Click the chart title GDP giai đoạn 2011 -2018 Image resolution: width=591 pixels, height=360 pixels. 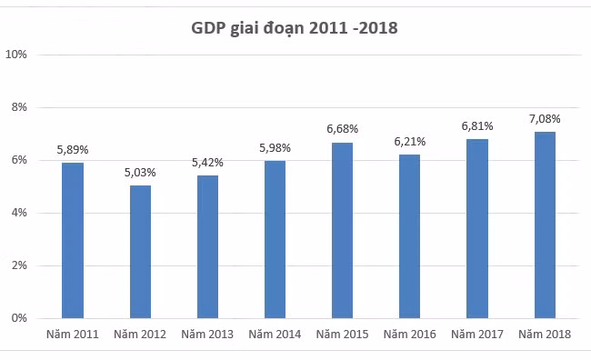tap(295, 28)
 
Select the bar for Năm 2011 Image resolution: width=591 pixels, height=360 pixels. tap(73, 241)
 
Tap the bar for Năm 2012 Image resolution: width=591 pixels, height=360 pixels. tap(140, 252)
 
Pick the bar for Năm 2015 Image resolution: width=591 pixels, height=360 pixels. tap(342, 230)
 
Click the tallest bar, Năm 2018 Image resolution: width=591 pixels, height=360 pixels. tap(545, 225)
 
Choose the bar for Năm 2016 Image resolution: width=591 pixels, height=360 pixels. tap(410, 236)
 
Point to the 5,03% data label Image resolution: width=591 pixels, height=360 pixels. tap(140, 173)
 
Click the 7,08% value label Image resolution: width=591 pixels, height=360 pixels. tap(545, 119)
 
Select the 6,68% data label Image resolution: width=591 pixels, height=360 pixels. tap(342, 129)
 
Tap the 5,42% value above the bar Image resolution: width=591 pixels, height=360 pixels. tap(207, 163)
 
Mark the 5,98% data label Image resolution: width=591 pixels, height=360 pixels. tap(275, 148)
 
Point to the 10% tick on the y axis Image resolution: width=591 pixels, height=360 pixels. tap(16, 55)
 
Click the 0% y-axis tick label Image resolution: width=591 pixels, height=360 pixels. tap(19, 318)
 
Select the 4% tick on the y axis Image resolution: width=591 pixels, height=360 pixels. tap(19, 213)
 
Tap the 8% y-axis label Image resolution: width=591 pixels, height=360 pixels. tap(19, 107)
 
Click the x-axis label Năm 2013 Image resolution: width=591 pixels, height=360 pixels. tap(207, 335)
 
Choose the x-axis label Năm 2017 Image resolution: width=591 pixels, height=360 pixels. tap(477, 335)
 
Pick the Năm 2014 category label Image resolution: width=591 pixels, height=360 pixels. tap(275, 335)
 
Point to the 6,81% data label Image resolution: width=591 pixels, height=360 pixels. tap(477, 126)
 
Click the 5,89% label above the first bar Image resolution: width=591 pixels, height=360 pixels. tap(73, 150)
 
